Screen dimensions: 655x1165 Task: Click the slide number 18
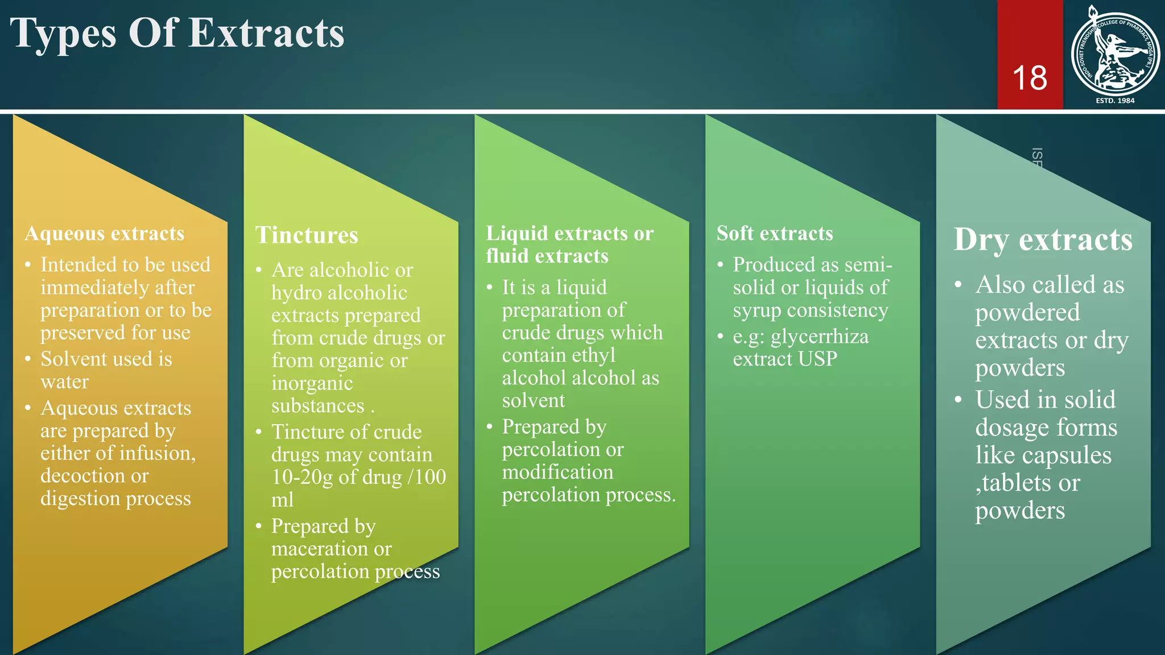[1030, 78]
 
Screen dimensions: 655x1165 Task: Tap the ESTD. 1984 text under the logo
[1115, 101]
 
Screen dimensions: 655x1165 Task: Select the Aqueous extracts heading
[105, 234]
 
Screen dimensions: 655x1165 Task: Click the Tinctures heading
[307, 235]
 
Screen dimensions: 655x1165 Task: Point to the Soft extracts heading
[775, 234]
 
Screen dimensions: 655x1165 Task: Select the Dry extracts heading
[1043, 239]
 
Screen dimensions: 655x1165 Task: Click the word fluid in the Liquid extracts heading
[507, 256]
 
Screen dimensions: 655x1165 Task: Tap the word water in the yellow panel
[65, 382]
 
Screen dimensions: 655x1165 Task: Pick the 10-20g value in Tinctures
[302, 477]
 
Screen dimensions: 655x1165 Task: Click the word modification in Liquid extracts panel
[557, 472]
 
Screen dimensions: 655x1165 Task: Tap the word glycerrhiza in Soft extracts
[820, 337]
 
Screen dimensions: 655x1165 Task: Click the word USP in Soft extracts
[817, 359]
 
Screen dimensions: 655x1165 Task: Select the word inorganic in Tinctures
[312, 384]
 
